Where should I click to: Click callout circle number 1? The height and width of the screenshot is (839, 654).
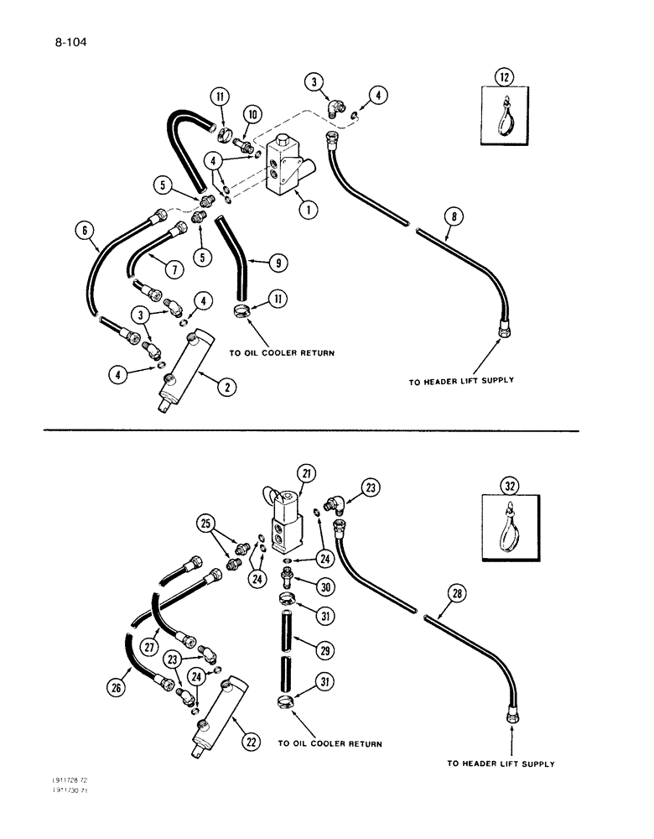point(309,211)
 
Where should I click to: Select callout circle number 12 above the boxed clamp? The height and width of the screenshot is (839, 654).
point(504,80)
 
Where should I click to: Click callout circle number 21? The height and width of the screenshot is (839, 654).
point(304,476)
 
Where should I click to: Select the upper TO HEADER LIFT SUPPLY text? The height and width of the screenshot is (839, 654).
point(460,380)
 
